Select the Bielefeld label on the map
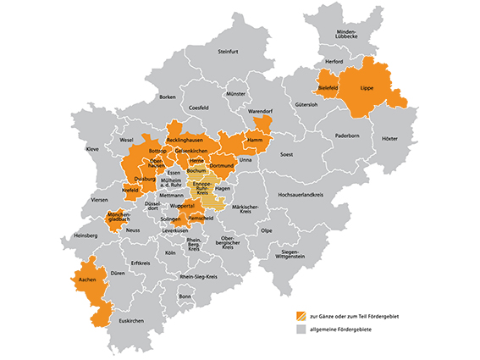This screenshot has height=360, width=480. tap(328, 88)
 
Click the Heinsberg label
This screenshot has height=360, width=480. tap(86, 235)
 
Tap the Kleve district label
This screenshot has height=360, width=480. tap(92, 149)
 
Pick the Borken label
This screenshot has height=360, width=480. tap(167, 97)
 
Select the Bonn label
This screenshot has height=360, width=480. tap(185, 296)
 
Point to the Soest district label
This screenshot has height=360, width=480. tap(287, 155)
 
